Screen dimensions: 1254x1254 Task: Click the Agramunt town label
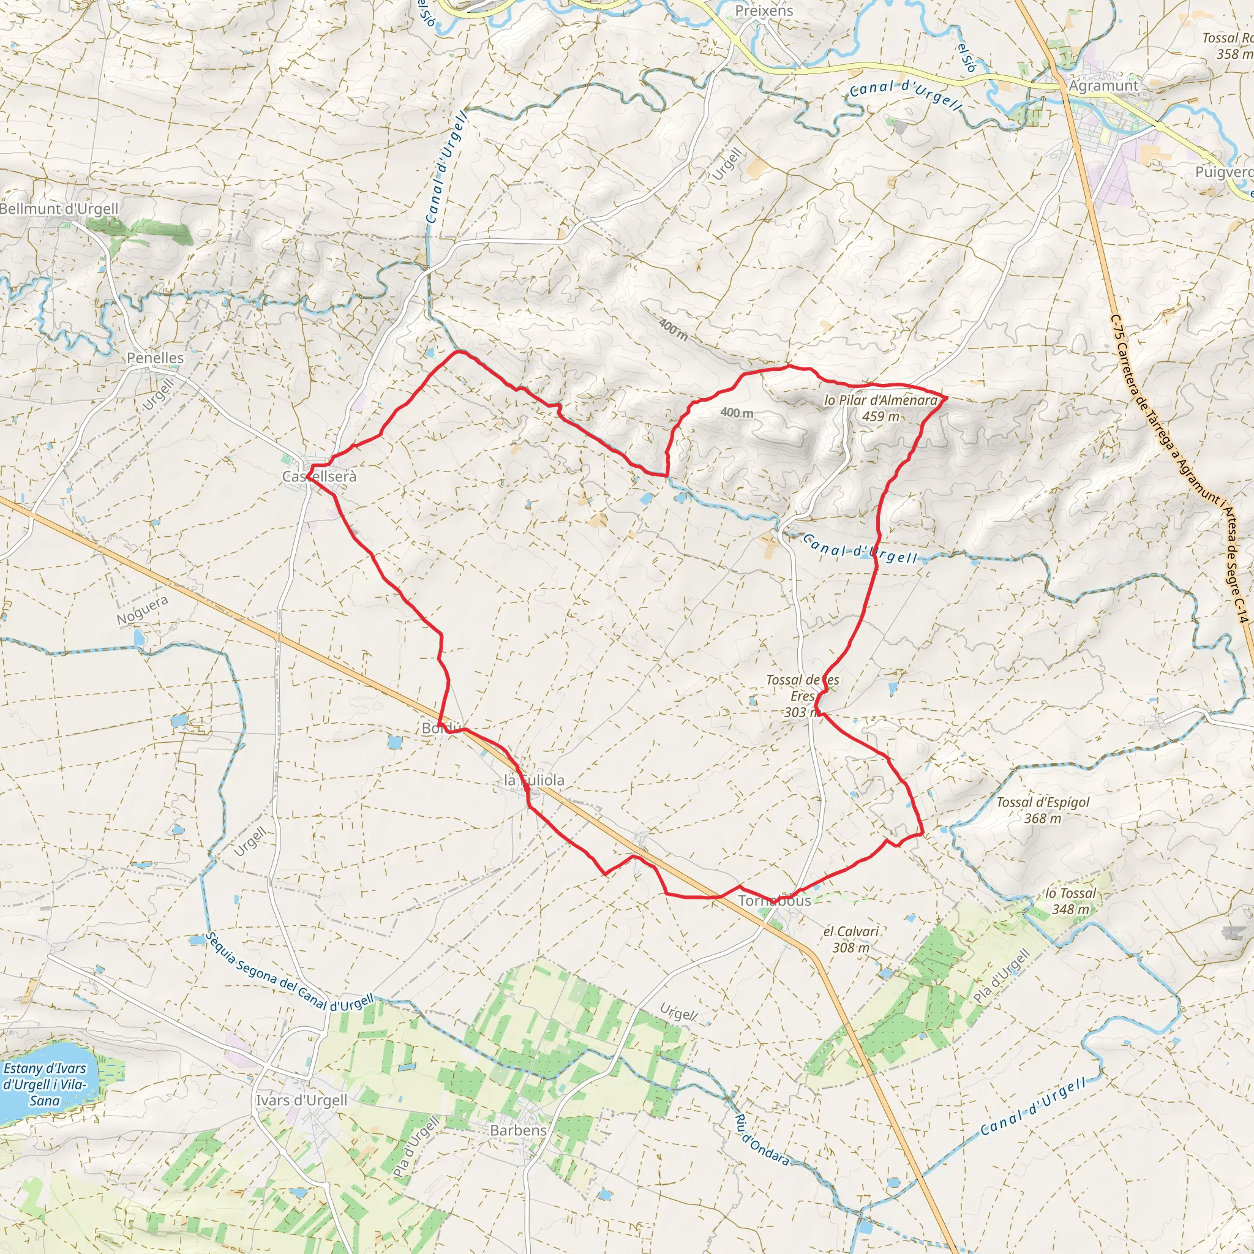pyautogui.click(x=1103, y=86)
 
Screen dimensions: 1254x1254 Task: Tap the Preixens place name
pyautogui.click(x=764, y=11)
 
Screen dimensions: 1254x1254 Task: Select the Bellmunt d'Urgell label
pyautogui.click(x=60, y=209)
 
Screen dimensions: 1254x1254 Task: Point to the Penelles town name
pyautogui.click(x=155, y=358)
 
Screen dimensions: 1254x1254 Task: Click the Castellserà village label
pyautogui.click(x=320, y=477)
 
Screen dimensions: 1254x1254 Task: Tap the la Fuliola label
pyautogui.click(x=534, y=781)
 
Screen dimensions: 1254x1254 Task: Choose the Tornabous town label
pyautogui.click(x=775, y=901)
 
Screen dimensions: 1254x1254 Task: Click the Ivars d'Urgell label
pyautogui.click(x=301, y=1100)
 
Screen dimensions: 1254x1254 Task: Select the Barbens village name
pyautogui.click(x=518, y=1130)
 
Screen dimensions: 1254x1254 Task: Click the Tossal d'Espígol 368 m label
pyautogui.click(x=1042, y=810)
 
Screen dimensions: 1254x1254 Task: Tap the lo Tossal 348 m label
pyautogui.click(x=1070, y=901)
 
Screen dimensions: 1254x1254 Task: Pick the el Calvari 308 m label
pyautogui.click(x=851, y=939)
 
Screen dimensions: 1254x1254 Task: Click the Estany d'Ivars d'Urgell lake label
pyautogui.click(x=44, y=1084)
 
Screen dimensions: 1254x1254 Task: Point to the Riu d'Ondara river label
pyautogui.click(x=761, y=1139)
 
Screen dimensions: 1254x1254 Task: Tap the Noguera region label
pyautogui.click(x=143, y=610)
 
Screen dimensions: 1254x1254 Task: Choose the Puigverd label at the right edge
pyautogui.click(x=1224, y=173)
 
